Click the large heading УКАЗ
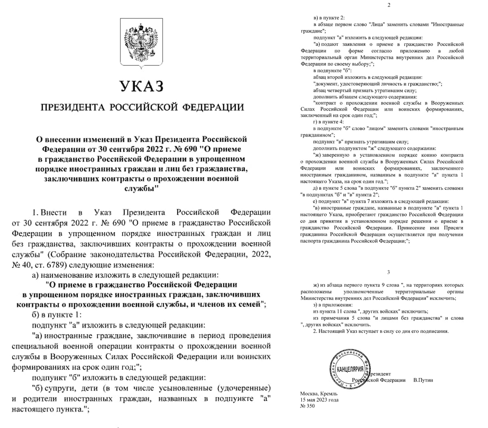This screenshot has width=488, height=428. (x=141, y=86)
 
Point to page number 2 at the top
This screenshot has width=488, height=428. (x=389, y=5)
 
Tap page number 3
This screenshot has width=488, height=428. (x=389, y=272)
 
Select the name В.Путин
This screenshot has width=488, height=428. (x=423, y=380)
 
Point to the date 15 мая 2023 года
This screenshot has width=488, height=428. (x=319, y=400)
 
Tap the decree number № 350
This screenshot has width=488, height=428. (x=308, y=406)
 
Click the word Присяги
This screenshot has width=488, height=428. (x=453, y=227)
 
